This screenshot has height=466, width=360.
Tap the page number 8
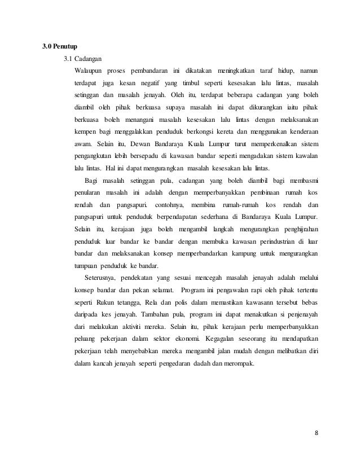pos(316,433)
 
